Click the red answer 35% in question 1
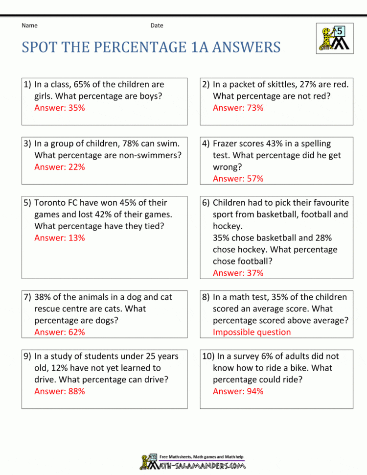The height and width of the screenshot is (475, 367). tap(59, 108)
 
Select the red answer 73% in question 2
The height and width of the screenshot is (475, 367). tap(238, 108)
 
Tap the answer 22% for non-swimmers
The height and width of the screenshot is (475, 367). tap(59, 167)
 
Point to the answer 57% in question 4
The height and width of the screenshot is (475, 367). tap(238, 179)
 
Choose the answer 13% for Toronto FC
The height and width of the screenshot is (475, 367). tap(59, 238)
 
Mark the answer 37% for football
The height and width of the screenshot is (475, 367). tap(238, 273)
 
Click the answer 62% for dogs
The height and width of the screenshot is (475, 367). tap(59, 332)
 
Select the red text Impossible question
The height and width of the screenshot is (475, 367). tap(252, 332)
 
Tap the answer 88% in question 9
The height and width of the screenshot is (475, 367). tap(59, 391)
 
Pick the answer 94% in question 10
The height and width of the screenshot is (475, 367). tap(238, 391)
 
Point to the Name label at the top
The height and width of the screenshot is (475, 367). tap(29, 25)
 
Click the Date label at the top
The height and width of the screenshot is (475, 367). tap(157, 25)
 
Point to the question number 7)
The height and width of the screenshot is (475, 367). tap(27, 297)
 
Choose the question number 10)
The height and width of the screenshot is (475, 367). tap(209, 356)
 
